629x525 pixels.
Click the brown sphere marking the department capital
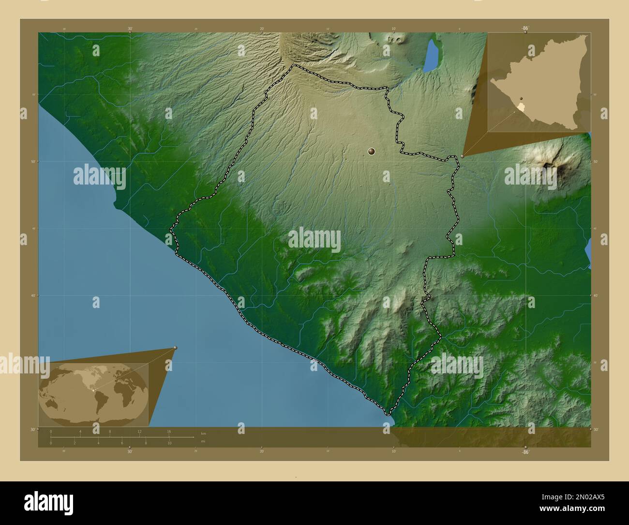click(372, 152)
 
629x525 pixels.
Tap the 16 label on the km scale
click(169, 432)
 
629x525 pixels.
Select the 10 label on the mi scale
click(169, 443)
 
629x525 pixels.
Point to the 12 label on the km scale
click(139, 432)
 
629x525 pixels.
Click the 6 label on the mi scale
click(122, 443)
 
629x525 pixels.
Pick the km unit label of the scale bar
click(203, 433)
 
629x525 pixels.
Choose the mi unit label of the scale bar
click(203, 441)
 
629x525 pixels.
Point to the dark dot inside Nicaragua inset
click(522, 97)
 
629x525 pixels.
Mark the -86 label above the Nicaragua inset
click(524, 29)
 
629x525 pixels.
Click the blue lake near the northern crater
click(430, 55)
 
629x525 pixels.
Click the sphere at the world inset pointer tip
click(175, 348)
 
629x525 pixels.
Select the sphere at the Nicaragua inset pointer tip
click(463, 156)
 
